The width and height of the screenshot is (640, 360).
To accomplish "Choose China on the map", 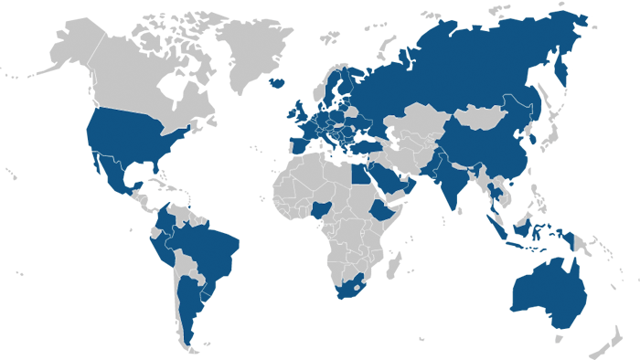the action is tap(494, 151).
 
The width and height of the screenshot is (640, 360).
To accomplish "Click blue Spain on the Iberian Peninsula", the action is tap(299, 143).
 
